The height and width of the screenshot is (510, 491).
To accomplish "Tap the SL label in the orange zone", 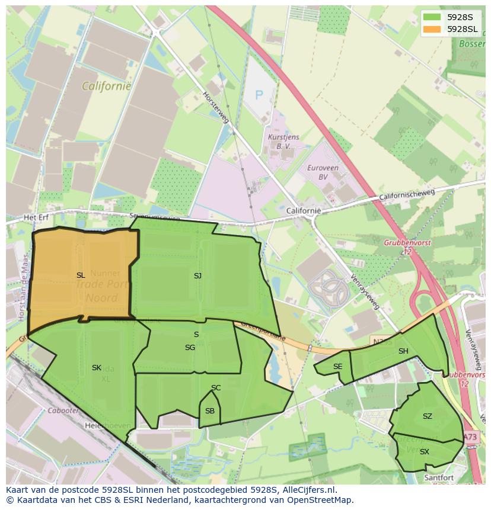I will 81,275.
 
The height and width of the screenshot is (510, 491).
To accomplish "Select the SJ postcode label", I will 197,275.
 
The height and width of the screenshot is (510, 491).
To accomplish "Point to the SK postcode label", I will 97,368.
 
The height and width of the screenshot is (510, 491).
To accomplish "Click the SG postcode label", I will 190,348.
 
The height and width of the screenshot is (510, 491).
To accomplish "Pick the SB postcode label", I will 210,411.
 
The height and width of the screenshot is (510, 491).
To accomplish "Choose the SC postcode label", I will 216,388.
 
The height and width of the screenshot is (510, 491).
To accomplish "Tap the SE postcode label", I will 337,367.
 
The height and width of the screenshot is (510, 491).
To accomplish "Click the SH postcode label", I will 403,351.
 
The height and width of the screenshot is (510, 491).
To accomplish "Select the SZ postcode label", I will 428,416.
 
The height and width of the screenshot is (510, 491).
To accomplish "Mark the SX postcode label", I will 424,452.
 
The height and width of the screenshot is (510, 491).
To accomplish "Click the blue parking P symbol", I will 259,94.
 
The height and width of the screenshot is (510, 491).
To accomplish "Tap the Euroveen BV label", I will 323,172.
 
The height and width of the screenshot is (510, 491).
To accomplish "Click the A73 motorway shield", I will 470,437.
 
